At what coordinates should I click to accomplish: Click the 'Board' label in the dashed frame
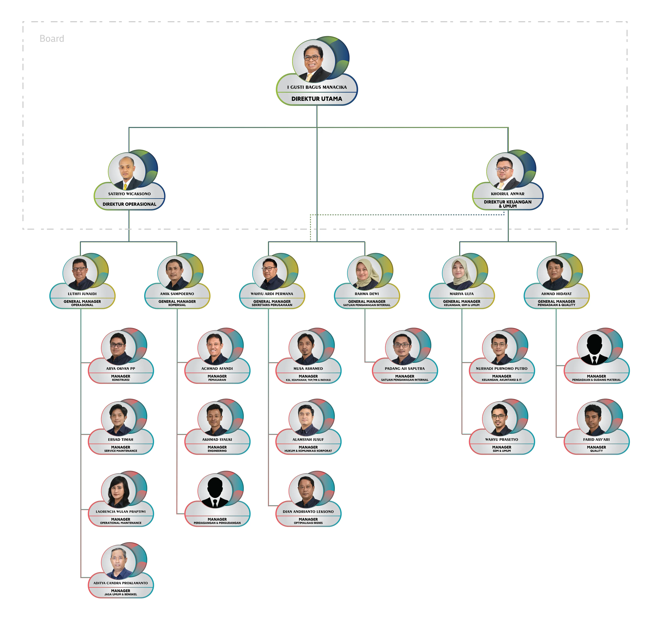coord(52,39)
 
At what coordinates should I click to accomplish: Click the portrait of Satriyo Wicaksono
coord(127,172)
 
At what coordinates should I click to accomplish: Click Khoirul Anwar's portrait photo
coord(505,172)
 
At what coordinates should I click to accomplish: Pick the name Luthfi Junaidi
coord(82,294)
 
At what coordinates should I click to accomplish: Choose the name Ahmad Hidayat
coord(556,294)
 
